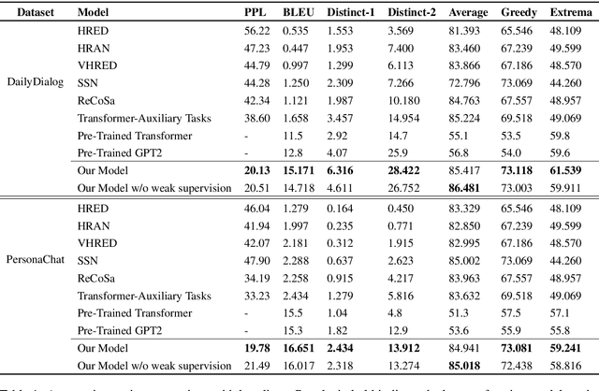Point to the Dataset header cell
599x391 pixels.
pyautogui.click(x=30, y=14)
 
